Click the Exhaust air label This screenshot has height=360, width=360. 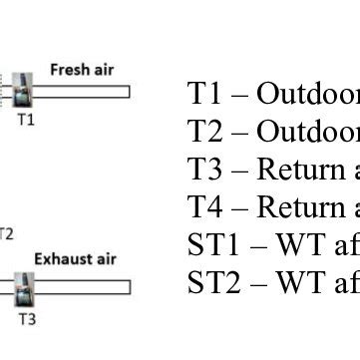(76, 259)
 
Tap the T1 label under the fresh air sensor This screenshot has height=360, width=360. (26, 120)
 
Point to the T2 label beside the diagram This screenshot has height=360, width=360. (6, 234)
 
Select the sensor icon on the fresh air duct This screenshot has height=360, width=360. (22, 94)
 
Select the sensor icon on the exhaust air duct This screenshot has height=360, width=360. (24, 288)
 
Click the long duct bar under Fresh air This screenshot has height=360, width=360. (80, 93)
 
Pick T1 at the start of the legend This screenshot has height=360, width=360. (203, 95)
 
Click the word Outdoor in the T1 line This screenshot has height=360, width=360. (308, 95)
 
